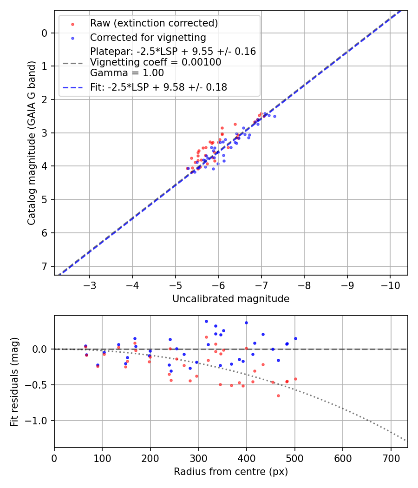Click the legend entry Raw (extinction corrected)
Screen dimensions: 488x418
pyautogui.click(x=154, y=23)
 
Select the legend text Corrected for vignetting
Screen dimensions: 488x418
pyautogui.click(x=148, y=37)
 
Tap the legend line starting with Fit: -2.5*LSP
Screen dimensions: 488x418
pyautogui.click(x=158, y=87)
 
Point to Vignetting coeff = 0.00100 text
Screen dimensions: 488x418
pyautogui.click(x=156, y=62)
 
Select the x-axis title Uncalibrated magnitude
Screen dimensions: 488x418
pyautogui.click(x=231, y=299)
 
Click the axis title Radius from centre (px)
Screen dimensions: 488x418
pyautogui.click(x=231, y=472)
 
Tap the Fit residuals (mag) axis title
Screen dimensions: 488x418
pyautogui.click(x=14, y=381)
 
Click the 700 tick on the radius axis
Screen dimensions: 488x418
pyautogui.click(x=391, y=457)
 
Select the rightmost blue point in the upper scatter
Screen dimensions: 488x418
pyautogui.click(x=274, y=116)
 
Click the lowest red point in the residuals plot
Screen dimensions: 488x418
pyautogui.click(x=278, y=396)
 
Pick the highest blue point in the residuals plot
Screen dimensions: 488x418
pyautogui.click(x=206, y=321)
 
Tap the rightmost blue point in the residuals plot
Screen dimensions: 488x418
pyautogui.click(x=295, y=338)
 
